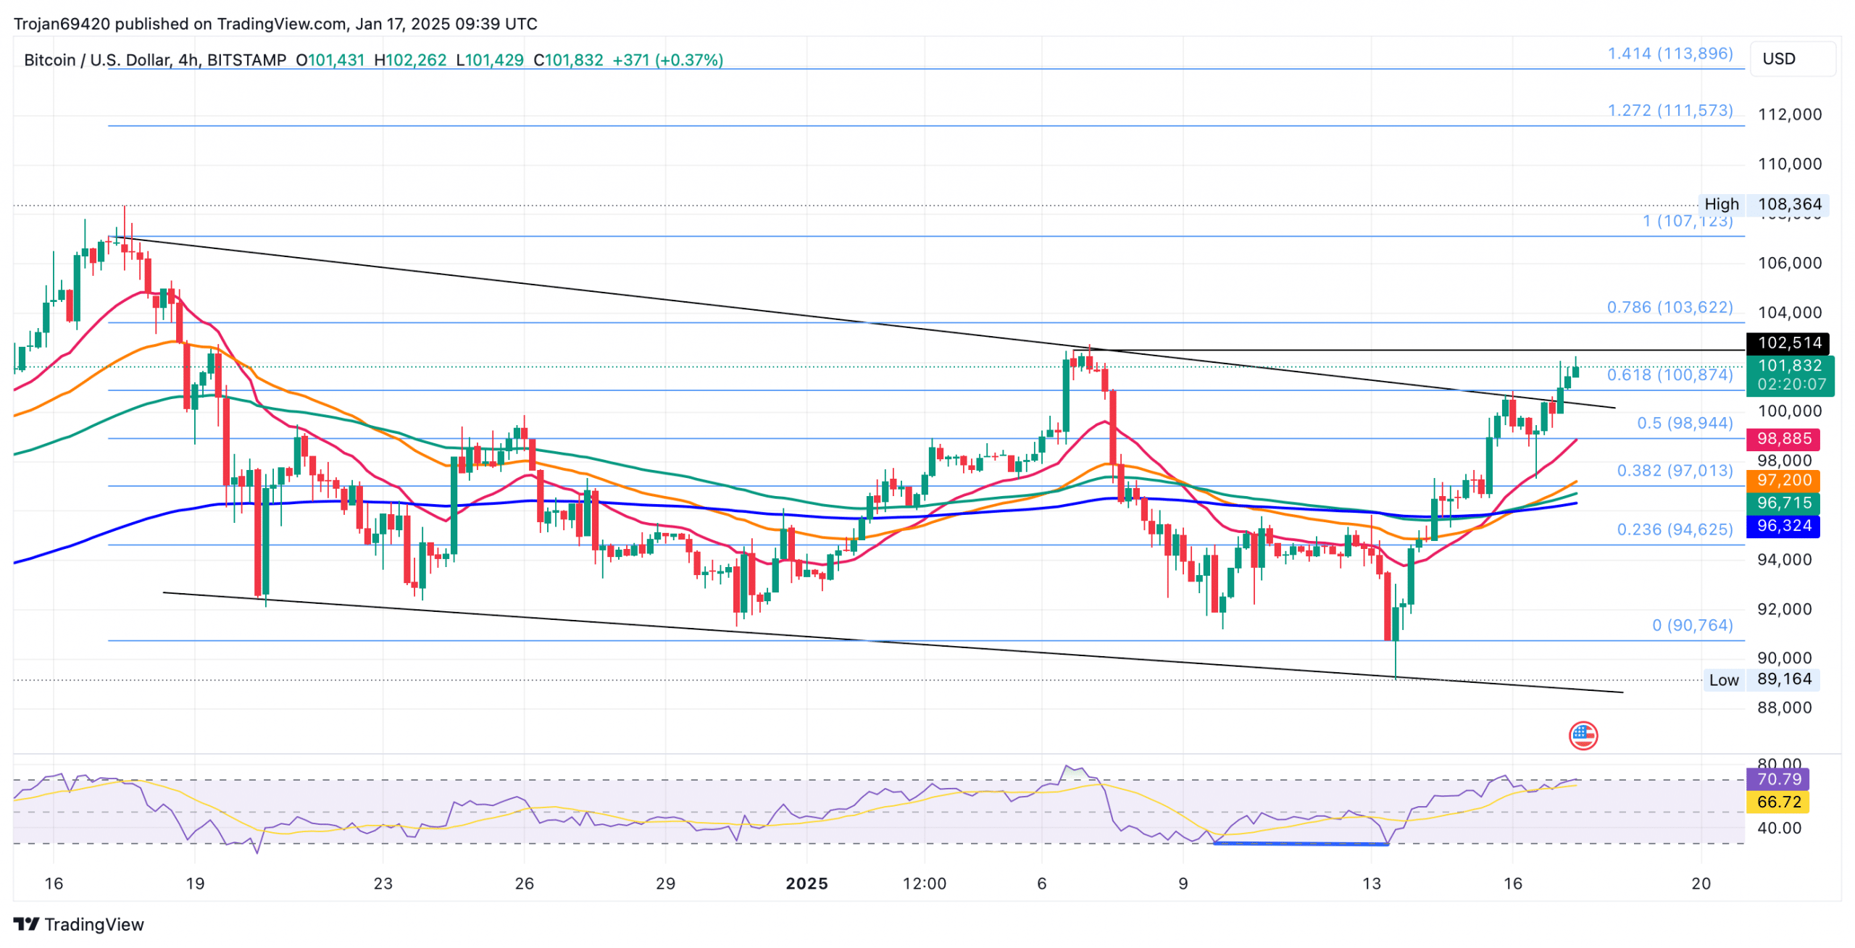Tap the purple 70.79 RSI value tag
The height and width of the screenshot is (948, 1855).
pyautogui.click(x=1778, y=779)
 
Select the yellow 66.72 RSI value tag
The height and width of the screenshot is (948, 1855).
pyautogui.click(x=1778, y=802)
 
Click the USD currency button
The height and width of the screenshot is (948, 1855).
pyautogui.click(x=1792, y=59)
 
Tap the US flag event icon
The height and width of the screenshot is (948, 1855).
pyautogui.click(x=1583, y=736)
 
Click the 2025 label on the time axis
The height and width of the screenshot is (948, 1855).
pyautogui.click(x=806, y=884)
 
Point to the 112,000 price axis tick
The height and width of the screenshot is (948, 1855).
pyautogui.click(x=1789, y=114)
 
